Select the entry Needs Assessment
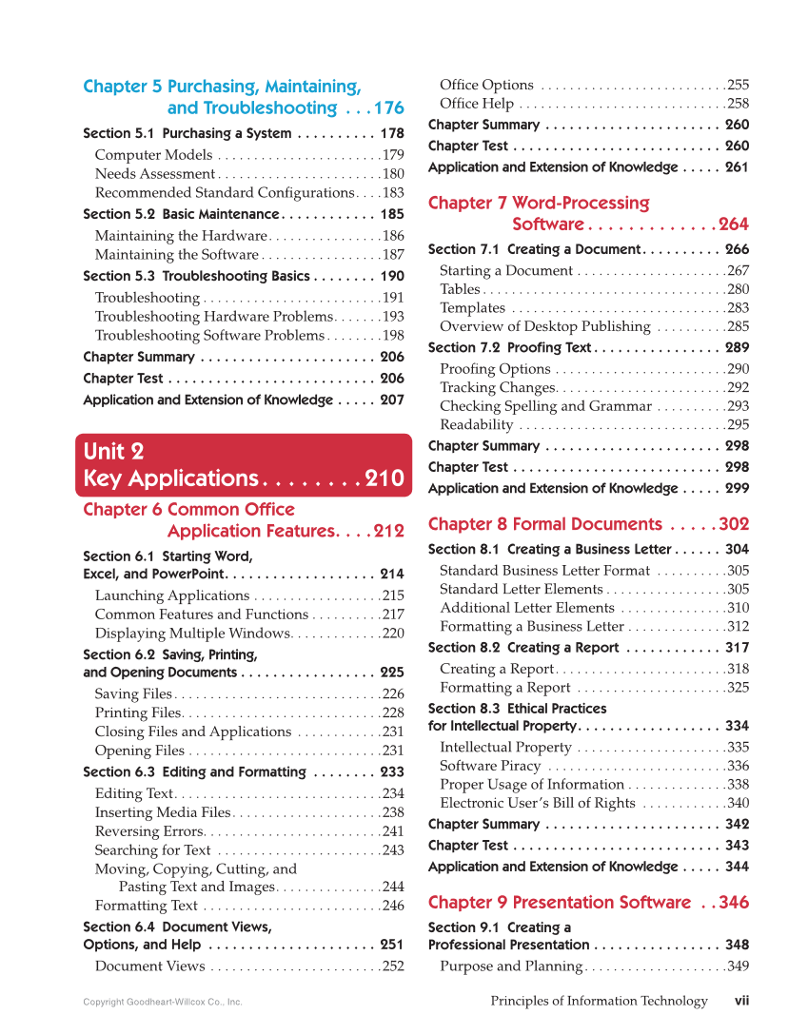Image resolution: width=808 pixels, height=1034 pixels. point(155,174)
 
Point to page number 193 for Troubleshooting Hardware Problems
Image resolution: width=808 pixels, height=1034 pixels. point(393,317)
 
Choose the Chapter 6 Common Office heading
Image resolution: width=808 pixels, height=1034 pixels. point(188,510)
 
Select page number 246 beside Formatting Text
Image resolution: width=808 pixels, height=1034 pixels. point(393,907)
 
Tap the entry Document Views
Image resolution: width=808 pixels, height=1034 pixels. point(149,967)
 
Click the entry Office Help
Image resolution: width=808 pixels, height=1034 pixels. point(477,104)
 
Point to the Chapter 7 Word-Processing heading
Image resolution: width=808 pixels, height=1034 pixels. point(539,204)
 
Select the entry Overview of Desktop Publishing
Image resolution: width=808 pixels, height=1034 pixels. point(544,326)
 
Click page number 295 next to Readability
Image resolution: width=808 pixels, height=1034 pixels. point(738,425)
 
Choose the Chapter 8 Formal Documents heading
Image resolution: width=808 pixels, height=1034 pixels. point(545,524)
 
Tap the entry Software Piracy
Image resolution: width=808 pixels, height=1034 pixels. point(490,766)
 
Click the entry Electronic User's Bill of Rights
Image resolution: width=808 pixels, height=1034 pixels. point(537,803)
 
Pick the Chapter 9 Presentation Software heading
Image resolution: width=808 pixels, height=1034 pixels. point(560,903)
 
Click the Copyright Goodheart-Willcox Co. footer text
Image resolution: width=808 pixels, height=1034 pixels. point(163,1002)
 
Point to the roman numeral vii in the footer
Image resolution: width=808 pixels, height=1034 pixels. point(742,1001)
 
